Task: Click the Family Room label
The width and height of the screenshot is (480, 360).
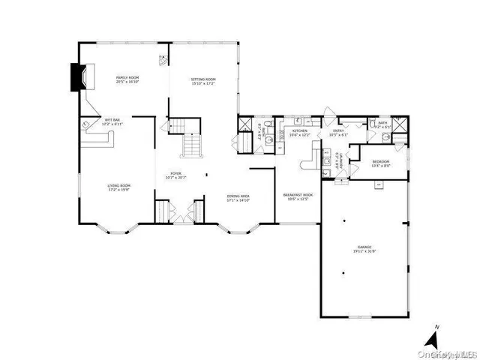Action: tap(126, 79)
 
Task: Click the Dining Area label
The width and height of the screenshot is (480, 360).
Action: tap(239, 199)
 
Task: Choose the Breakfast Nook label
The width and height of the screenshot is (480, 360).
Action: tap(298, 196)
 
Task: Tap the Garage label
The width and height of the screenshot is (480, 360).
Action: tap(364, 248)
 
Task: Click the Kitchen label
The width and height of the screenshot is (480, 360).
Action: tap(299, 133)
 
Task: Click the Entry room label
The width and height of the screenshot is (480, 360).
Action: tap(338, 133)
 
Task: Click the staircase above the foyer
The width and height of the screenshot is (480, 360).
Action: tap(193, 142)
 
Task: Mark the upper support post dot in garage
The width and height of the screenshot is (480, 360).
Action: tap(343, 221)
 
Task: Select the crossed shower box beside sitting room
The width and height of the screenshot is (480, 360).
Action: tap(245, 126)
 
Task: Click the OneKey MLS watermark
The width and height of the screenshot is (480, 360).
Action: tap(451, 352)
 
